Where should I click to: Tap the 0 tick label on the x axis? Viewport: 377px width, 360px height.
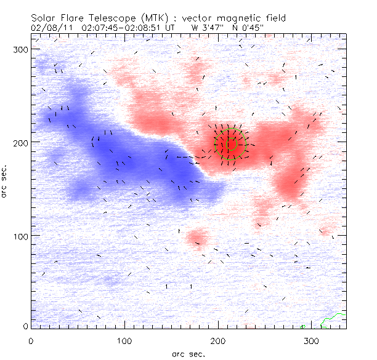tap(31, 340)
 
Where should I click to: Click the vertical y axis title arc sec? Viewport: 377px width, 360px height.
tap(6, 181)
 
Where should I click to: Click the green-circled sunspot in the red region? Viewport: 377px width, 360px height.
tap(230, 145)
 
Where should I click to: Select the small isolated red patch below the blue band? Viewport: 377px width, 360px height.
tap(198, 237)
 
